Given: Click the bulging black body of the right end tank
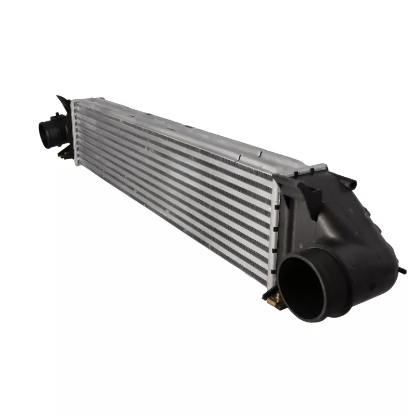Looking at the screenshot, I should click(x=359, y=234).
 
